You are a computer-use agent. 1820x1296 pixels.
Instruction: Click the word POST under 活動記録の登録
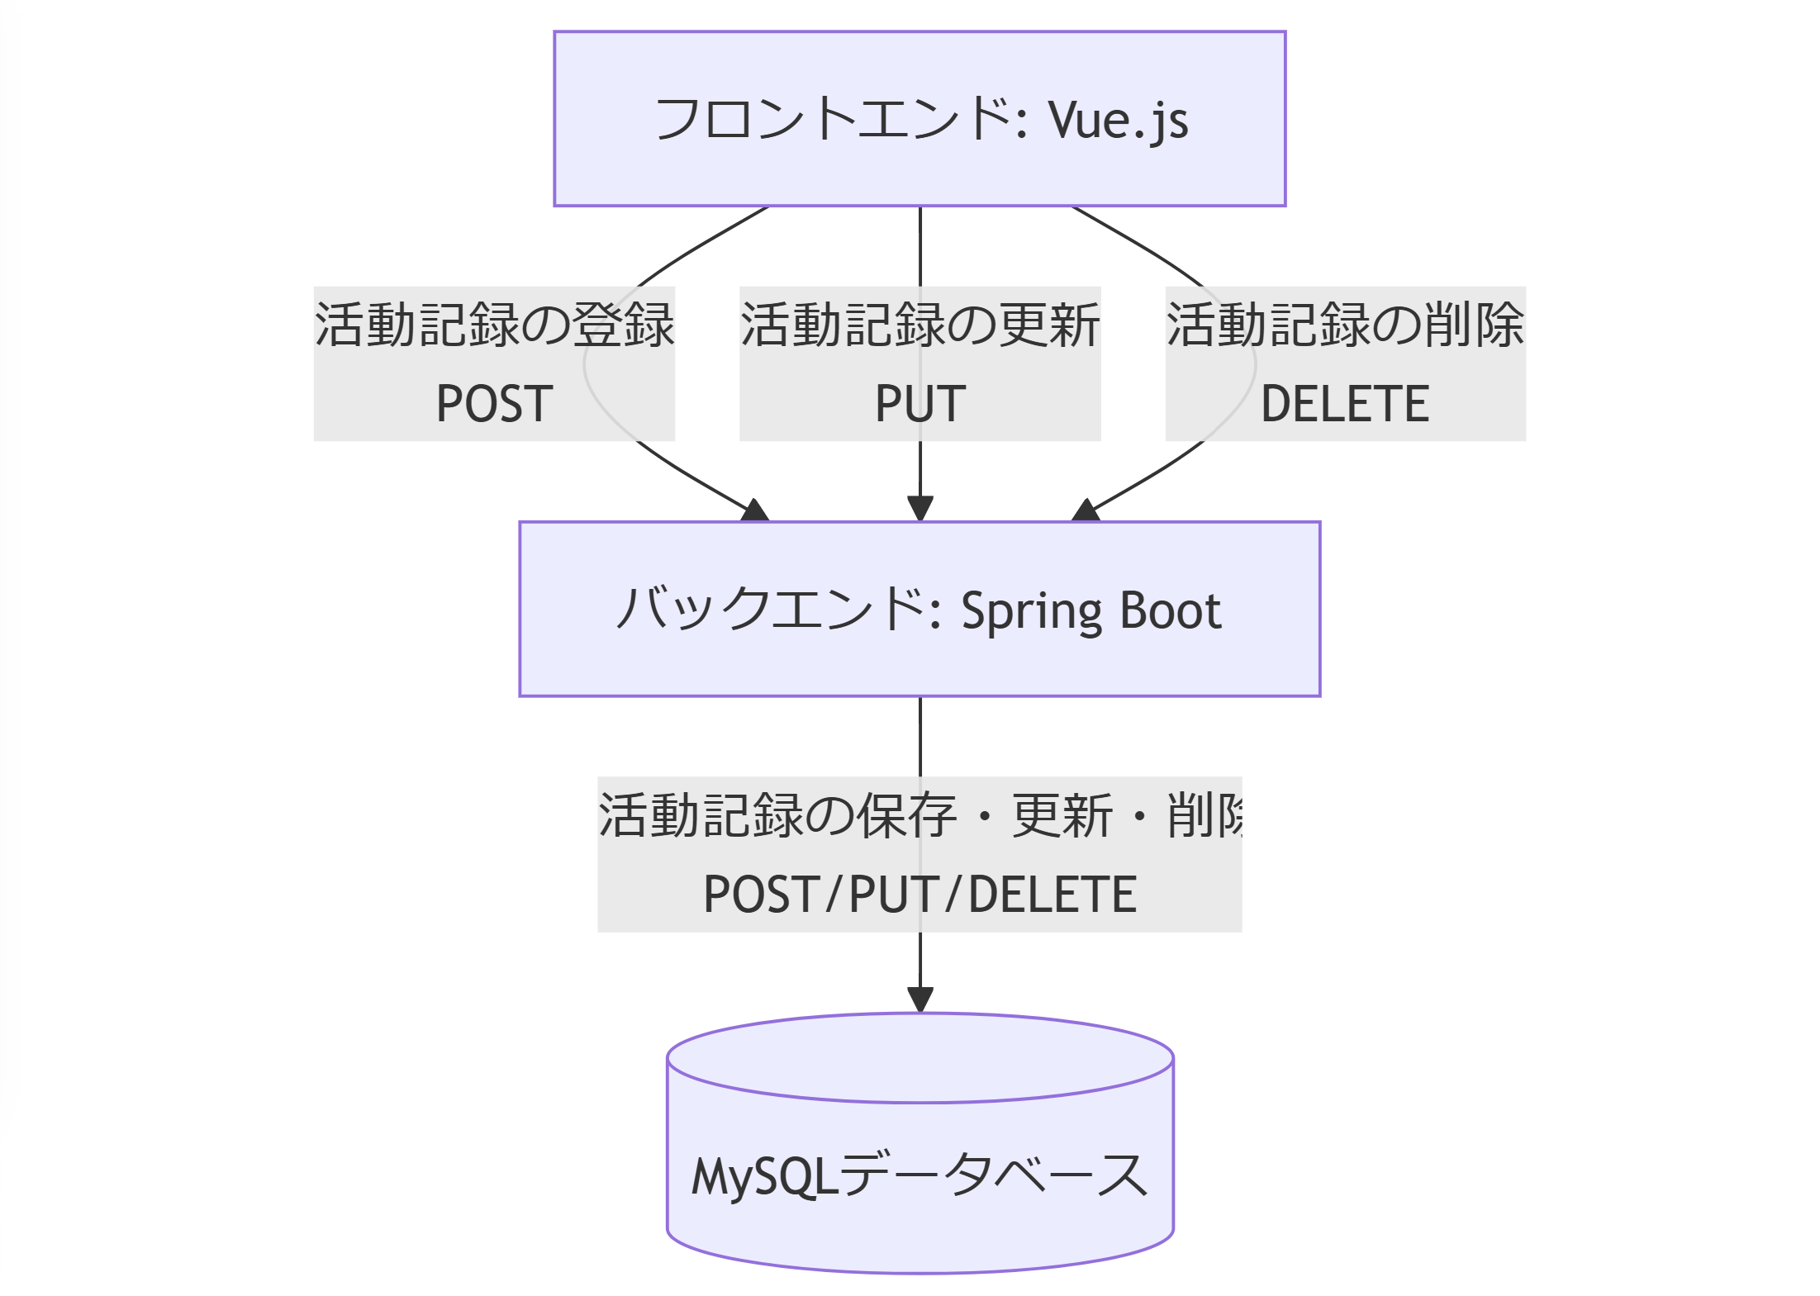(x=494, y=404)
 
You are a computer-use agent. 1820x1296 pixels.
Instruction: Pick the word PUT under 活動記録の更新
(x=920, y=404)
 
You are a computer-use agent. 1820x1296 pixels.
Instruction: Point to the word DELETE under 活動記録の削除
(x=1344, y=404)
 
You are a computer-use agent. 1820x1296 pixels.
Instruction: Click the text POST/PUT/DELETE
(x=920, y=895)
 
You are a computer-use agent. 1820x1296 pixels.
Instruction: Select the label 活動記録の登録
(x=494, y=325)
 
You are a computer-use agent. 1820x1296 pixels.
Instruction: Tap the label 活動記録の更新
(x=920, y=325)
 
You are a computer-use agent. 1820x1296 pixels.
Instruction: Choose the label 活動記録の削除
(x=1344, y=325)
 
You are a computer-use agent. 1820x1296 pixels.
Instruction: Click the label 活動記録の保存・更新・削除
(x=920, y=815)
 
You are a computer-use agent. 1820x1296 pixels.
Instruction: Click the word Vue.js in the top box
(x=1118, y=121)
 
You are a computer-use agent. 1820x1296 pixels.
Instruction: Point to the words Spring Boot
(x=1091, y=611)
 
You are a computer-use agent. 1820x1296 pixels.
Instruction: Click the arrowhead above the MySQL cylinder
(x=920, y=999)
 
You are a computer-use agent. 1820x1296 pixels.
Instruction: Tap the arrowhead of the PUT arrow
(x=920, y=508)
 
